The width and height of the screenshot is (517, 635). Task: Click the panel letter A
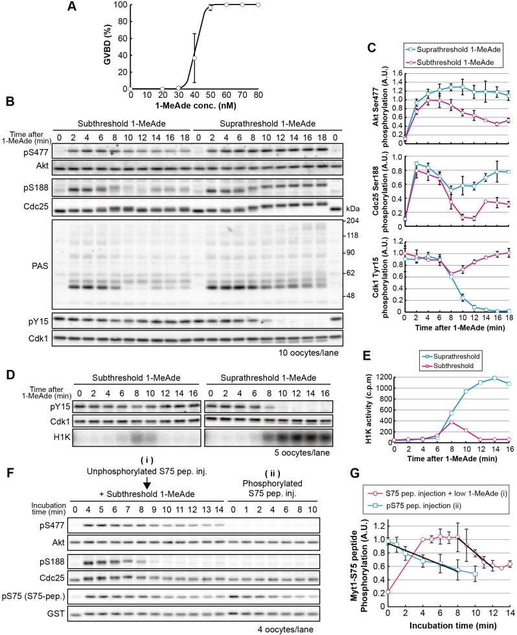point(72,6)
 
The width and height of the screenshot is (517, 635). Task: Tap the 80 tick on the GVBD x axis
point(258,95)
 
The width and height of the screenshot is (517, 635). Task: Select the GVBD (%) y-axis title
point(108,44)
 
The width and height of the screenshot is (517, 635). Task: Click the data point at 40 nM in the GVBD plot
point(194,58)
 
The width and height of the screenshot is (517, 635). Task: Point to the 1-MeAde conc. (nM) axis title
point(195,106)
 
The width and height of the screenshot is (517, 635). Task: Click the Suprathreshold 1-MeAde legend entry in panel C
point(454,49)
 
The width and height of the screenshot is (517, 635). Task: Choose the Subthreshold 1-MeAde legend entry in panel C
point(451,62)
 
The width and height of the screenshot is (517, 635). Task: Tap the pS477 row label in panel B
point(36,153)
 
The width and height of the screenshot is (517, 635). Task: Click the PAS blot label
point(40,266)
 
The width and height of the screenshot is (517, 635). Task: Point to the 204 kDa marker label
point(352,221)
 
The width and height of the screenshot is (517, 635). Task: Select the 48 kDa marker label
point(350,295)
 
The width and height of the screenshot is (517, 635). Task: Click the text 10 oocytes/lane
point(308,352)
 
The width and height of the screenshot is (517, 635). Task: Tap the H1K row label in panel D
point(62,437)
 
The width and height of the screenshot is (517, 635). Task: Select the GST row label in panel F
point(56,614)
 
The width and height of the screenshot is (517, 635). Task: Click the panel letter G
point(354,473)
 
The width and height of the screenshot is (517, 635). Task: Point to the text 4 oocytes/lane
point(286,629)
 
